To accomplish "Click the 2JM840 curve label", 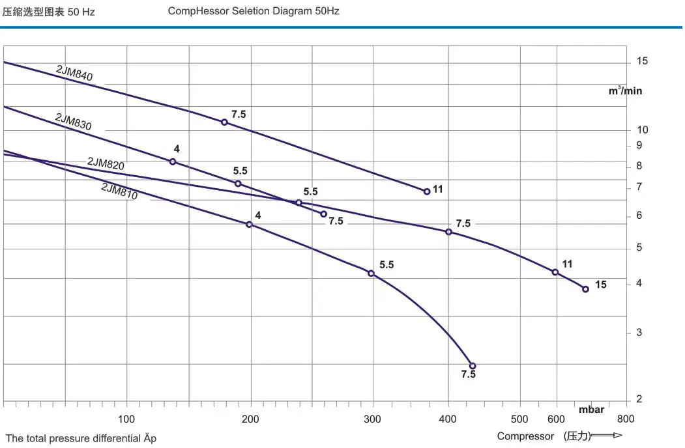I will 74,74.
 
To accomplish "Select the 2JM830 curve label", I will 73,122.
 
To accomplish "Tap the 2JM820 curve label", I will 106,163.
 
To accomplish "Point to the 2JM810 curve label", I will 119,191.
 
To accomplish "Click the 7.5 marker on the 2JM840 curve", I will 224,122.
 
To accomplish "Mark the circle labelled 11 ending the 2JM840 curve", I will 427,191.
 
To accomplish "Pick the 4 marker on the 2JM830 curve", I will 173,161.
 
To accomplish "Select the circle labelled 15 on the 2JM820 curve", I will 585,289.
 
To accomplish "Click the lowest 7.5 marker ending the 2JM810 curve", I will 473,366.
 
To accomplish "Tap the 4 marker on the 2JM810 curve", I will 249,224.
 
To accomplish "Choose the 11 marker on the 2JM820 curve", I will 555,272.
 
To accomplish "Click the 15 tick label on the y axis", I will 642,61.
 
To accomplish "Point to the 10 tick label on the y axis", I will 642,130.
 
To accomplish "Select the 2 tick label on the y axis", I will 639,399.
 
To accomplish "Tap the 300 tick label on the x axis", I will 373,419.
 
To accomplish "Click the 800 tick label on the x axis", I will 625,419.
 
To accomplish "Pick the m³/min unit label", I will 625,91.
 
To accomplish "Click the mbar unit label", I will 591,410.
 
